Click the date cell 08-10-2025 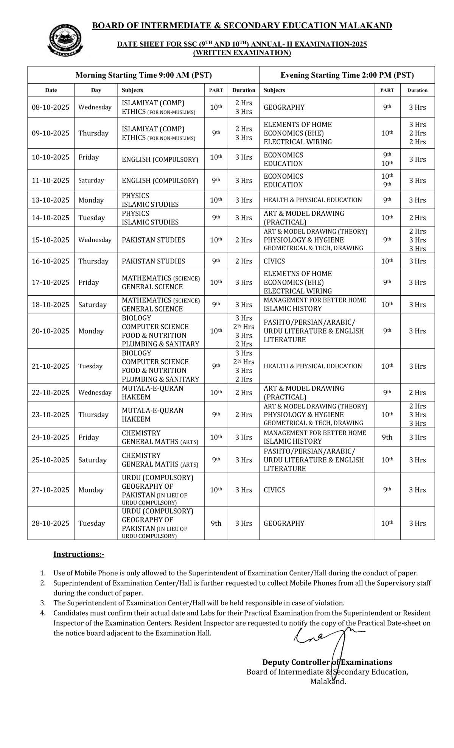tap(50, 107)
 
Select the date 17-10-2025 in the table tap(50, 282)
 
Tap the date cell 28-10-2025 tap(50, 523)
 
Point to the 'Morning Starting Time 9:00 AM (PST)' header tap(143, 75)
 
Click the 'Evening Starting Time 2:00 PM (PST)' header tap(347, 75)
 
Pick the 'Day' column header tap(96, 90)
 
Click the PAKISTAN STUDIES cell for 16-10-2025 tap(153, 261)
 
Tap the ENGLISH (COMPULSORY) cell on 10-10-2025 tap(160, 159)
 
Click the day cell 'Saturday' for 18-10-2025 tap(92, 305)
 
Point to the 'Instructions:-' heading tap(79, 554)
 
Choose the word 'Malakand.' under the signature tap(328, 682)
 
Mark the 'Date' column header tap(51, 90)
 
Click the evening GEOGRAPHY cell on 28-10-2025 tap(284, 523)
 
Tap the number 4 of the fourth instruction tap(43, 613)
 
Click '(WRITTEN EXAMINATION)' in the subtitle tap(242, 53)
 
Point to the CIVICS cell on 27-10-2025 tap(274, 490)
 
